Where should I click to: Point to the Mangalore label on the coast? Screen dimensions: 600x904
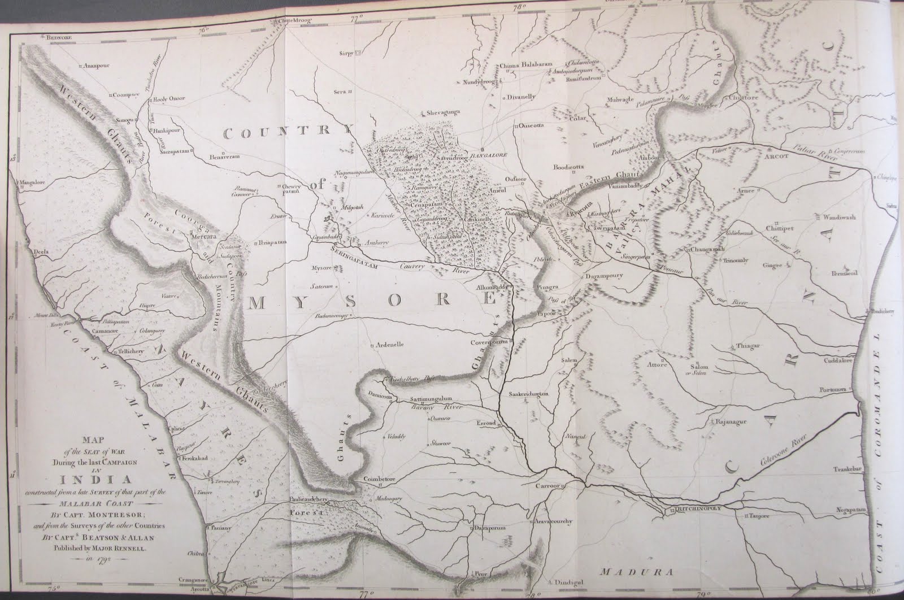click(32, 182)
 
